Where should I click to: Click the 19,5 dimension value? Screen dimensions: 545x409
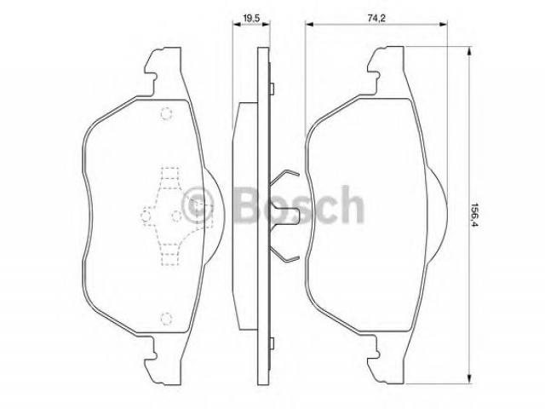tap(252, 18)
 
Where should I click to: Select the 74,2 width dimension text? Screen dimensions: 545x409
tap(376, 18)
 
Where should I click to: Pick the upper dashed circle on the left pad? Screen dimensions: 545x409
tap(167, 113)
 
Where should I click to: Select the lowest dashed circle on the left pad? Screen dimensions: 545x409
tap(167, 318)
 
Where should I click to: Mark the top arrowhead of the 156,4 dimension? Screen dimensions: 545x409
tap(469, 52)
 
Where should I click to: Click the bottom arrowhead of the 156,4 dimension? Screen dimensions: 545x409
tap(469, 378)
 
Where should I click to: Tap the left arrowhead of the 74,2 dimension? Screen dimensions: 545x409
tap(310, 24)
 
